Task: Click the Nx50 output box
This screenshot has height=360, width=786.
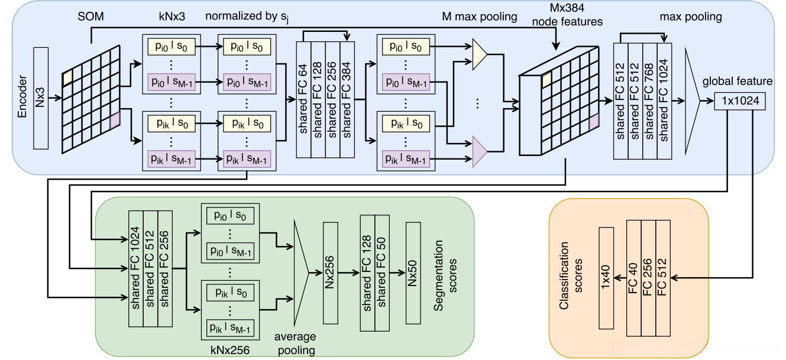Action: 413,274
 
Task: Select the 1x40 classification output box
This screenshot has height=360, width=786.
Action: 607,277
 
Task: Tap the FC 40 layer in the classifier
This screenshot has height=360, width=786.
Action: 634,277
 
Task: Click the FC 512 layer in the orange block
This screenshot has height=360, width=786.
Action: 664,277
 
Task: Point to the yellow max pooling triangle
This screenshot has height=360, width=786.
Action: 480,54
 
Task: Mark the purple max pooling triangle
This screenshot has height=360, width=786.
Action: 480,150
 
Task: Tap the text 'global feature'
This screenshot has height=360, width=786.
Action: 738,82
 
